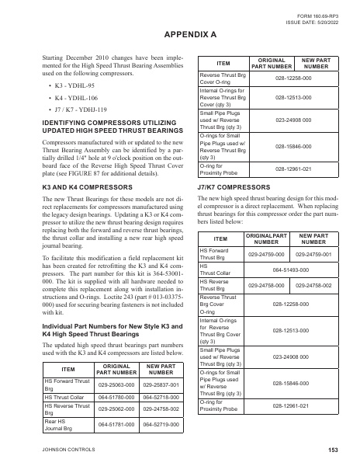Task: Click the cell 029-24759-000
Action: pyautogui.click(x=269, y=253)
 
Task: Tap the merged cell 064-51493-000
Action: pyautogui.click(x=291, y=268)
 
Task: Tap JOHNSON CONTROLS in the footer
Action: pyautogui.click(x=67, y=450)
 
